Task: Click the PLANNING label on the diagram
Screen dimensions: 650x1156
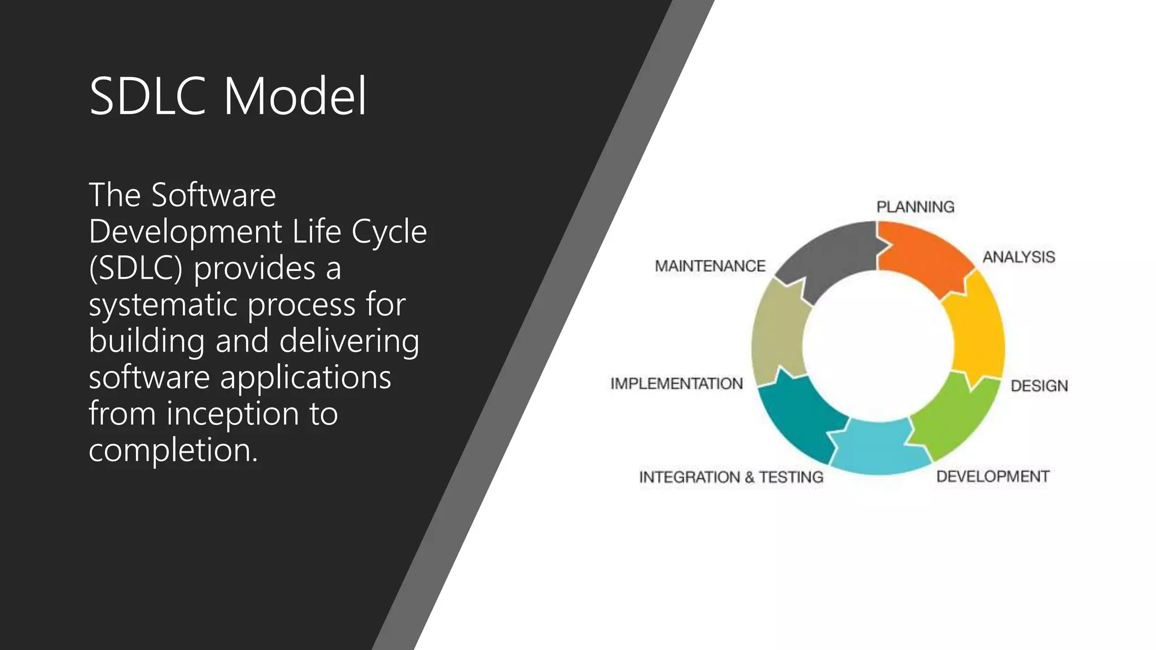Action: (x=915, y=207)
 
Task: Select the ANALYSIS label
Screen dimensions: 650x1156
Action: (x=1018, y=257)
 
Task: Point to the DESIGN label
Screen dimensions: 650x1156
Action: (x=1039, y=386)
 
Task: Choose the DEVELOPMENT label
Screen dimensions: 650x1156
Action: (x=992, y=477)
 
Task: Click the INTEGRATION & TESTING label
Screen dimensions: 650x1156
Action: (x=731, y=477)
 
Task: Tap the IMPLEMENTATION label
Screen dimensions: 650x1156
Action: (x=676, y=384)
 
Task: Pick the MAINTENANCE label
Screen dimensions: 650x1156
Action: (x=710, y=266)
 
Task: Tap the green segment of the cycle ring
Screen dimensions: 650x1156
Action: (x=954, y=418)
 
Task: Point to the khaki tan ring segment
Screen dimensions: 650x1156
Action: (x=776, y=333)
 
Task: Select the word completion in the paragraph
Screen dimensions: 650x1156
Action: (x=173, y=450)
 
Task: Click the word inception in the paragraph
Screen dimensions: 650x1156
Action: (x=233, y=414)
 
